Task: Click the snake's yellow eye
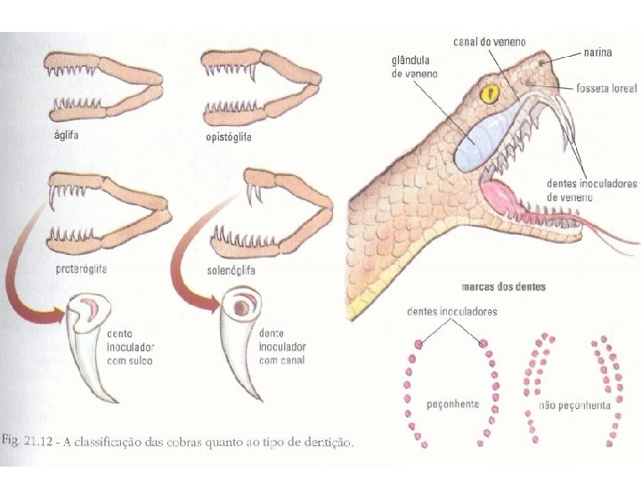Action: pyautogui.click(x=487, y=92)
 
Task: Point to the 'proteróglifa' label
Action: pyautogui.click(x=74, y=268)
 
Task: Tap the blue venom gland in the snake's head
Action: pyautogui.click(x=479, y=133)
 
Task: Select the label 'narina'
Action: pyautogui.click(x=598, y=53)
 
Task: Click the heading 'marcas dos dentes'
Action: pyautogui.click(x=504, y=286)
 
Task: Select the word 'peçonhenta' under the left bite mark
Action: pyautogui.click(x=453, y=404)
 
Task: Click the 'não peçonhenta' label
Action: pyautogui.click(x=574, y=404)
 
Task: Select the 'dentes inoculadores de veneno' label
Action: pyautogui.click(x=591, y=188)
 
